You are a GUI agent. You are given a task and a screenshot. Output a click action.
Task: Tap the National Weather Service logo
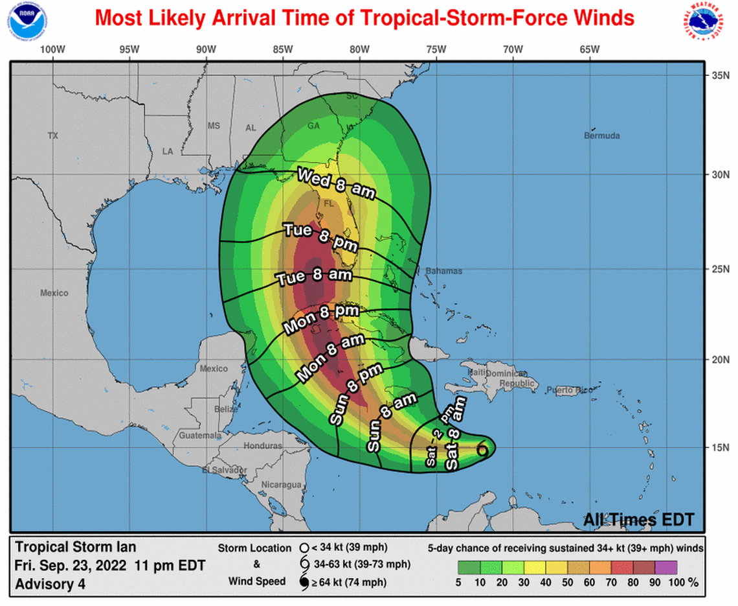pyautogui.click(x=707, y=23)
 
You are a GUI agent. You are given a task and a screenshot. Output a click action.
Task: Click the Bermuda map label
pyautogui.click(x=601, y=136)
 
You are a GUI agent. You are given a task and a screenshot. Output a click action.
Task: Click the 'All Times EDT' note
pyautogui.click(x=638, y=519)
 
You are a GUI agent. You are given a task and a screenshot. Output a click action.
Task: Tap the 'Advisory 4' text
pyautogui.click(x=50, y=583)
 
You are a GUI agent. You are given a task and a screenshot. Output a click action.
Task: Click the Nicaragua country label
pyautogui.click(x=282, y=485)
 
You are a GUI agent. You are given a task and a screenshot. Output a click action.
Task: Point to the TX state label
pyautogui.click(x=53, y=135)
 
